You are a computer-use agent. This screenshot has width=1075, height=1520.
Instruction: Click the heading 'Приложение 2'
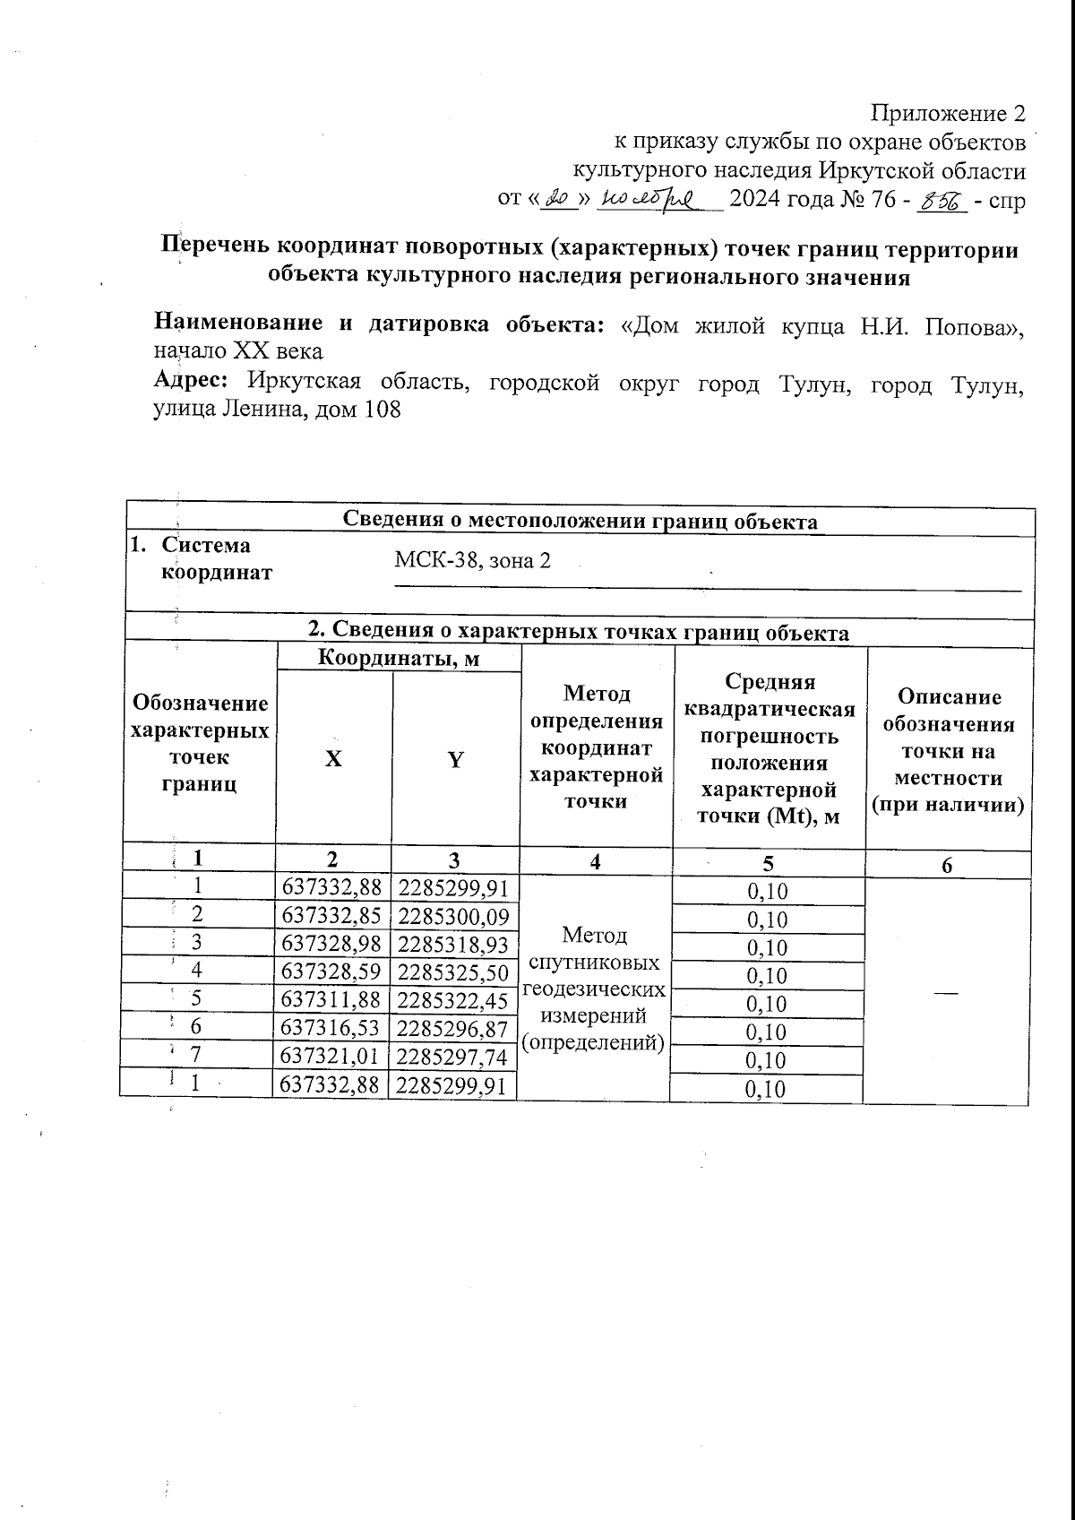pyautogui.click(x=948, y=114)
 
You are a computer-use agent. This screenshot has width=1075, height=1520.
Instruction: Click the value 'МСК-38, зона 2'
pyautogui.click(x=472, y=561)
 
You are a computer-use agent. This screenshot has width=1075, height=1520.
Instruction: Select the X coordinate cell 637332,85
pyautogui.click(x=332, y=916)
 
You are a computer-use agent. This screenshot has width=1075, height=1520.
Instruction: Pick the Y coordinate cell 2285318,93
pyautogui.click(x=455, y=945)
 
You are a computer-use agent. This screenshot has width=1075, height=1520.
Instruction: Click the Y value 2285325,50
pyautogui.click(x=455, y=972)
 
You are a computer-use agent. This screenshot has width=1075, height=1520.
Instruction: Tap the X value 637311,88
pyautogui.click(x=332, y=1000)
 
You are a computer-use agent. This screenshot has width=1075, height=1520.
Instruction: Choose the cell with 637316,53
pyautogui.click(x=332, y=1029)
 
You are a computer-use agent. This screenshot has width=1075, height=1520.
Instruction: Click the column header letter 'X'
pyautogui.click(x=333, y=760)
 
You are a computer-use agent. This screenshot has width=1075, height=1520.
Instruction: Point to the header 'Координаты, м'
pyautogui.click(x=399, y=660)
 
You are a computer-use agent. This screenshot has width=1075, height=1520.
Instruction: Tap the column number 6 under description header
pyautogui.click(x=947, y=864)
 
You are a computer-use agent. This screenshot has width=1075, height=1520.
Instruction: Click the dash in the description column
pyautogui.click(x=946, y=991)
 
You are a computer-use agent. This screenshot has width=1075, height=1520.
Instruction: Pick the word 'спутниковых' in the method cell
pyautogui.click(x=595, y=963)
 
